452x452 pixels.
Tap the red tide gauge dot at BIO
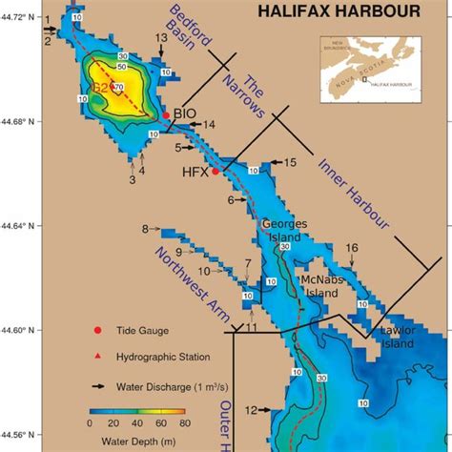pyautogui.click(x=166, y=115)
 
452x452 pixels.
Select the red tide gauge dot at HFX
pyautogui.click(x=216, y=172)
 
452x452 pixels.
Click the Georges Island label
pyautogui.click(x=285, y=230)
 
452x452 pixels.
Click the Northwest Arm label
pyautogui.click(x=186, y=274)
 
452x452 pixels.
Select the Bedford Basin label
pyautogui.click(x=191, y=39)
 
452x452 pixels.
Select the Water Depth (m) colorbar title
pyautogui.click(x=137, y=440)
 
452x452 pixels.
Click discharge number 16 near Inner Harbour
pyautogui.click(x=352, y=248)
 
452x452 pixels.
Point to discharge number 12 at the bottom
pyautogui.click(x=250, y=410)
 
